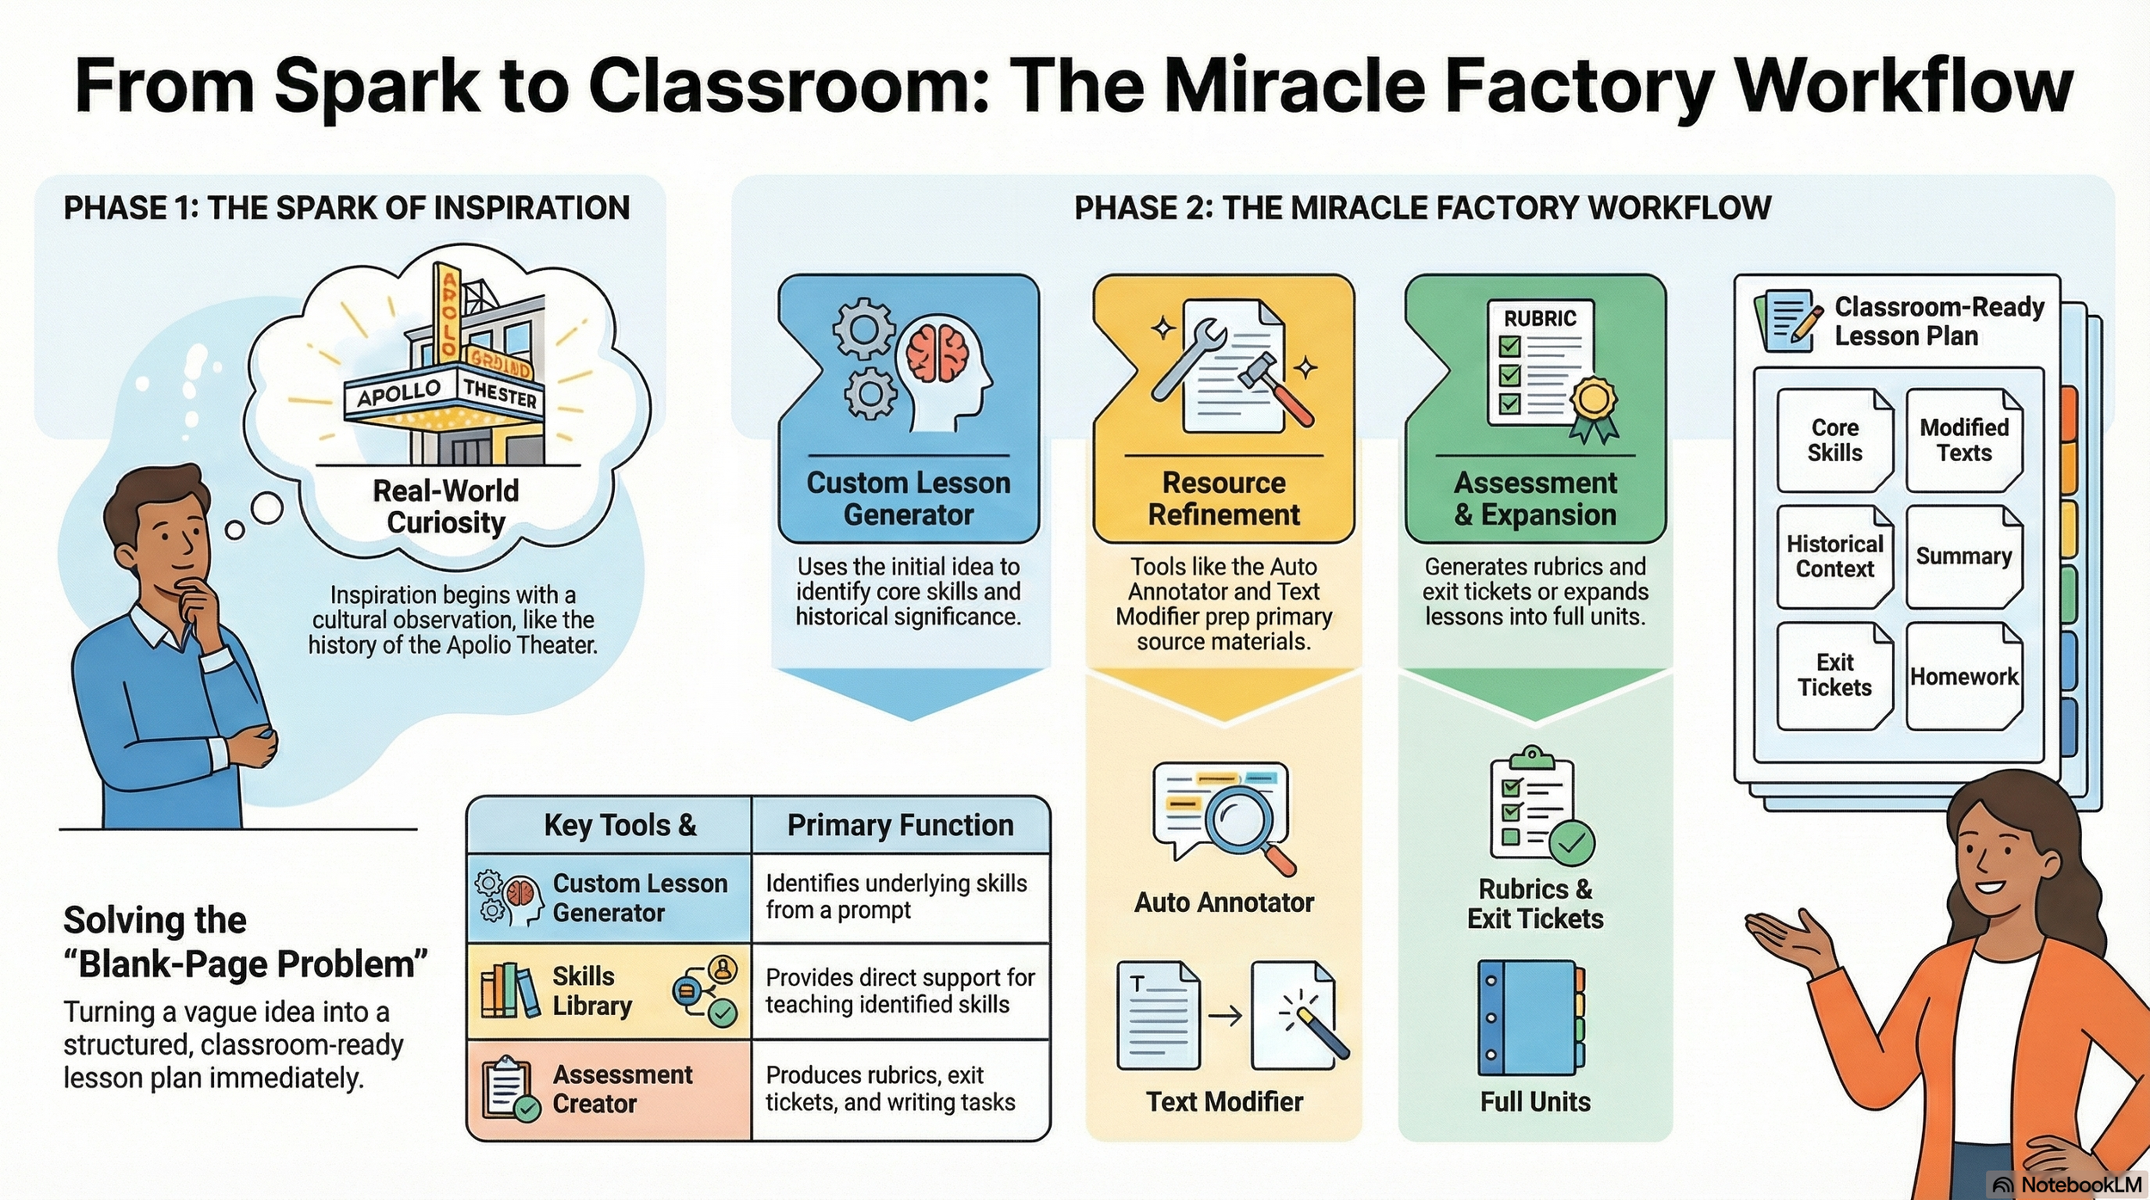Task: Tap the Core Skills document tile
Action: pos(1834,440)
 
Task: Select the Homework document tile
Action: pos(1964,676)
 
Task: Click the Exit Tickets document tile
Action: pos(1834,676)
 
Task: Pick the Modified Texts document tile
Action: pos(1964,440)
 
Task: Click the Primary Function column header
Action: pos(900,825)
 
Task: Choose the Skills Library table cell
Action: pos(609,991)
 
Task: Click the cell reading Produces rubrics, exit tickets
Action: pos(900,1089)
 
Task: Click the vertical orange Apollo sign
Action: pos(447,311)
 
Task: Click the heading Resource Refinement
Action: pos(1224,498)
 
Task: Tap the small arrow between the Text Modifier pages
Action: pos(1225,1016)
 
